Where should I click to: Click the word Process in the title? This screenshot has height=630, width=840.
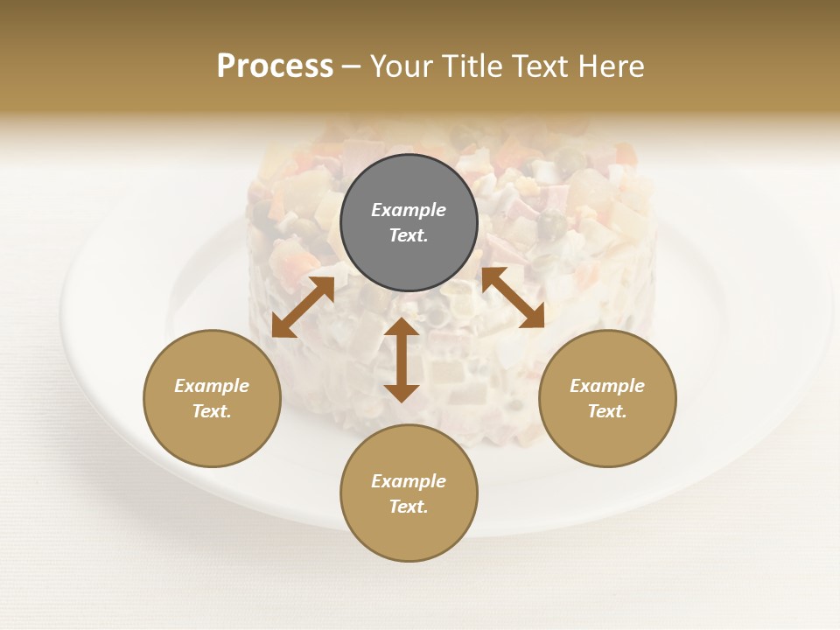tap(275, 66)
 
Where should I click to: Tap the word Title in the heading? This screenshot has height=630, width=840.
tap(472, 66)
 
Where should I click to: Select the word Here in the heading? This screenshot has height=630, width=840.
tap(611, 66)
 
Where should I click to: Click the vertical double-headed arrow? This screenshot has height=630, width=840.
tap(402, 360)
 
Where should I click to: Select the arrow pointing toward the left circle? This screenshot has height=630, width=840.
tap(303, 307)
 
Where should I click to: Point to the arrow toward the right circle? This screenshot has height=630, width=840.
tap(513, 297)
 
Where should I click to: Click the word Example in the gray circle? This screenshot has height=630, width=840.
tap(409, 210)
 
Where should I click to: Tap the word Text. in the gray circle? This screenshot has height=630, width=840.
tap(409, 235)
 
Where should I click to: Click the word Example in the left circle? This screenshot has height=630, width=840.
tap(212, 386)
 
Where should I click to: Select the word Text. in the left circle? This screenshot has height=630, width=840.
tap(212, 411)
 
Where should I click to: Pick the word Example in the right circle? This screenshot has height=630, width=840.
tap(607, 386)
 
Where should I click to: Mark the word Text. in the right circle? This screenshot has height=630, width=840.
tap(607, 411)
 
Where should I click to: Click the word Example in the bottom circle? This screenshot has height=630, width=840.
tap(409, 481)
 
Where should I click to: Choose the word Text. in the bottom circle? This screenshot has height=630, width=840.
tap(409, 507)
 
